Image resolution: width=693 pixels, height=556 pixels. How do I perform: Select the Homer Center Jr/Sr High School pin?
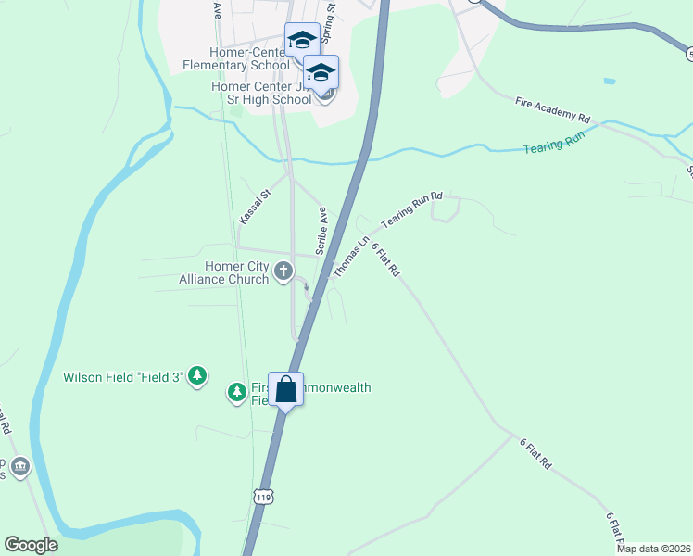click(x=321, y=72)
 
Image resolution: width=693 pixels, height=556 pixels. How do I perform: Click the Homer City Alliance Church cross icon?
click(x=284, y=272)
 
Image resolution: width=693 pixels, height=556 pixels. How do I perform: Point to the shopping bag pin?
click(x=285, y=389)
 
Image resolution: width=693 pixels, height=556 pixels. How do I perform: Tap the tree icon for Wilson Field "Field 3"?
click(x=197, y=376)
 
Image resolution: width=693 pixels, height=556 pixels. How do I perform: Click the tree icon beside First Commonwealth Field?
click(x=238, y=393)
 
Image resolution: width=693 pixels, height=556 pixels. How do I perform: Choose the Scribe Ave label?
click(x=323, y=232)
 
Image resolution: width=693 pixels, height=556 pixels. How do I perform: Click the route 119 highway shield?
click(x=264, y=497)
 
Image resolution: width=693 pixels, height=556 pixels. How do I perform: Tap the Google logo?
click(x=31, y=545)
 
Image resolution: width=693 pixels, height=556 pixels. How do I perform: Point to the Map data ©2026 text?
click(x=653, y=549)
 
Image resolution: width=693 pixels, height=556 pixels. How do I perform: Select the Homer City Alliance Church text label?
click(x=224, y=272)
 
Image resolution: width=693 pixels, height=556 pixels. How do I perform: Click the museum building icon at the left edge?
click(x=20, y=466)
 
